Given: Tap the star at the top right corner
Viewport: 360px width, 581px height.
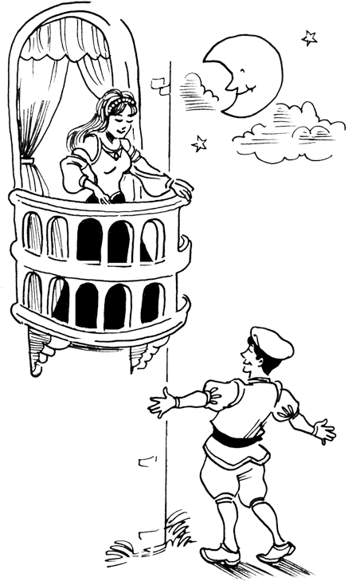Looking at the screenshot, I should click(308, 37).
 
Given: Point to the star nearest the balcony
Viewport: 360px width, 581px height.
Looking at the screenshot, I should click(199, 143).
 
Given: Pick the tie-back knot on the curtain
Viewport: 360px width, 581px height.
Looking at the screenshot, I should click(30, 170).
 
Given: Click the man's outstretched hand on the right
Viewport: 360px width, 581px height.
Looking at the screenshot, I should click(323, 432).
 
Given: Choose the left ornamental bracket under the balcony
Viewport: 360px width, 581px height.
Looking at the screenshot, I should click(39, 351).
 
